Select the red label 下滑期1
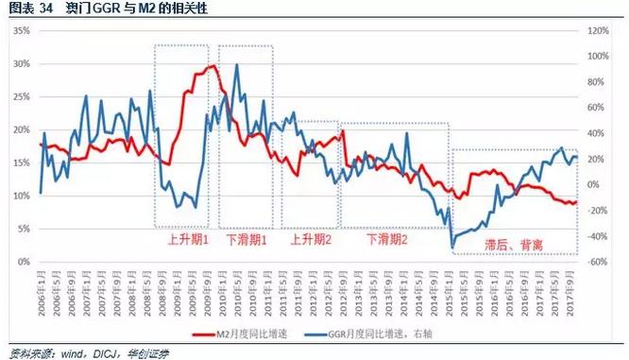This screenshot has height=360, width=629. [x=246, y=240]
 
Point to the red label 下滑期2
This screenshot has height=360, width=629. [x=384, y=240]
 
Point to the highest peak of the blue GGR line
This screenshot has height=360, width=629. [x=235, y=65]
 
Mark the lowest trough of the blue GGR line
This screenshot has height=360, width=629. [x=453, y=248]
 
